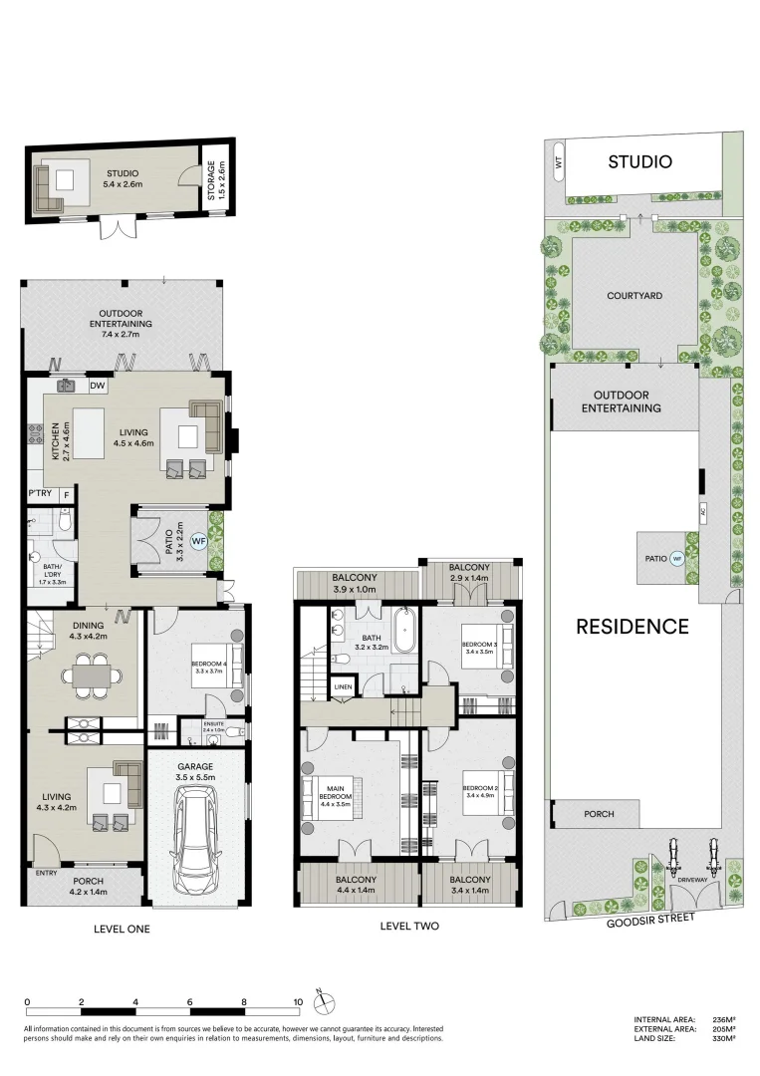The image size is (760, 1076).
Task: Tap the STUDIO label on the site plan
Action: (639, 161)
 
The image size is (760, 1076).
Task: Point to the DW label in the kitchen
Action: (98, 387)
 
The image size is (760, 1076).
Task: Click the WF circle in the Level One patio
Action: (198, 541)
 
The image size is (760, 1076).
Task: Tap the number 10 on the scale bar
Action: (297, 1002)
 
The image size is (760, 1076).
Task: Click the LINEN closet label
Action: (343, 686)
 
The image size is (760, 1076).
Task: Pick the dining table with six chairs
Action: (91, 674)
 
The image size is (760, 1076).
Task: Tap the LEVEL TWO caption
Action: (408, 926)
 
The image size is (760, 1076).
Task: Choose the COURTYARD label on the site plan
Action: (634, 296)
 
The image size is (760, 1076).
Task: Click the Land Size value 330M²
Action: (724, 1038)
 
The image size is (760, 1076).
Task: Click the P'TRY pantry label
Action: (40, 494)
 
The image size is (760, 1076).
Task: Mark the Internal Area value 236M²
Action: (724, 1019)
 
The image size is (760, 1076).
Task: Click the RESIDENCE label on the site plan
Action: (633, 627)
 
